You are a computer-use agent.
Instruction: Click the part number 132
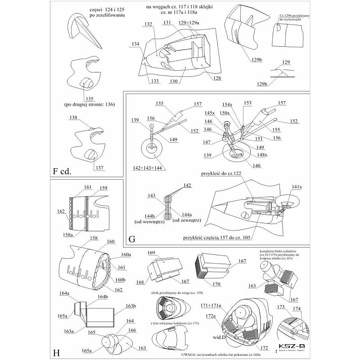pyautogui.click(x=148, y=23)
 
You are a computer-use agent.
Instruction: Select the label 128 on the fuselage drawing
pyautogui.click(x=218, y=78)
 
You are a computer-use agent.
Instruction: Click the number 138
pyautogui.click(x=74, y=117)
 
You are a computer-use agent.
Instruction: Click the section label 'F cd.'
pyautogui.click(x=62, y=171)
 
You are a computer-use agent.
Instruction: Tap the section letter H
pyautogui.click(x=57, y=352)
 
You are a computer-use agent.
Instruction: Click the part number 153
pyautogui.click(x=247, y=103)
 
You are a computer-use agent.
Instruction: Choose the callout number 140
pyautogui.click(x=256, y=166)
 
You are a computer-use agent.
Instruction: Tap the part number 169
pyautogui.click(x=151, y=252)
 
